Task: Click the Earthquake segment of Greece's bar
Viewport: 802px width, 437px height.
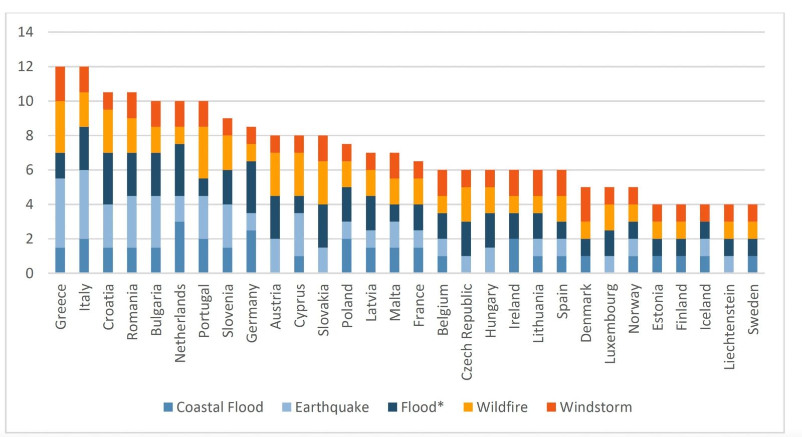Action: tap(60, 213)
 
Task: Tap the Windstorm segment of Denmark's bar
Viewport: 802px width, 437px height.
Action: tap(585, 204)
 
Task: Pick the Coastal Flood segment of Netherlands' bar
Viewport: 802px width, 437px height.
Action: tap(179, 247)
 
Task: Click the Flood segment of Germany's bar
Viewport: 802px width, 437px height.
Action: tap(251, 187)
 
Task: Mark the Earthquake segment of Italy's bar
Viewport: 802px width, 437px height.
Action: tap(84, 204)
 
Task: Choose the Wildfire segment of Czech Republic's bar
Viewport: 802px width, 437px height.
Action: tap(466, 204)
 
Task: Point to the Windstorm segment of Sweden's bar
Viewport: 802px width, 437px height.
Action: tap(752, 212)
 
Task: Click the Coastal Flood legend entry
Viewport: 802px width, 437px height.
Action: tap(214, 407)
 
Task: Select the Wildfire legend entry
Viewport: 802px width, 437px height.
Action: tap(496, 407)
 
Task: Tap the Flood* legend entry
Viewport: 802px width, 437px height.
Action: tap(416, 407)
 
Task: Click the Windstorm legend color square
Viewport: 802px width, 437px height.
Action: tap(551, 407)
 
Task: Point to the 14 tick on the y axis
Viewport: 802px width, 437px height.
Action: tap(26, 32)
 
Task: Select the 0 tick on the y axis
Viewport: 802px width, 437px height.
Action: tap(29, 274)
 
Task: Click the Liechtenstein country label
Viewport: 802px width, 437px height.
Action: tap(729, 326)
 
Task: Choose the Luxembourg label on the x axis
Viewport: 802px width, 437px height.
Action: tap(610, 323)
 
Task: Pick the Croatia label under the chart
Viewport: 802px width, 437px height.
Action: tap(108, 306)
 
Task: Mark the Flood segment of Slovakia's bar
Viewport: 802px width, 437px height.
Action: tap(323, 226)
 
